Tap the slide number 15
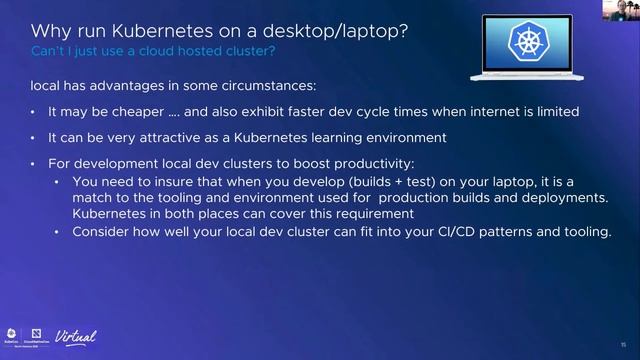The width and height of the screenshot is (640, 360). click(622, 340)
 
